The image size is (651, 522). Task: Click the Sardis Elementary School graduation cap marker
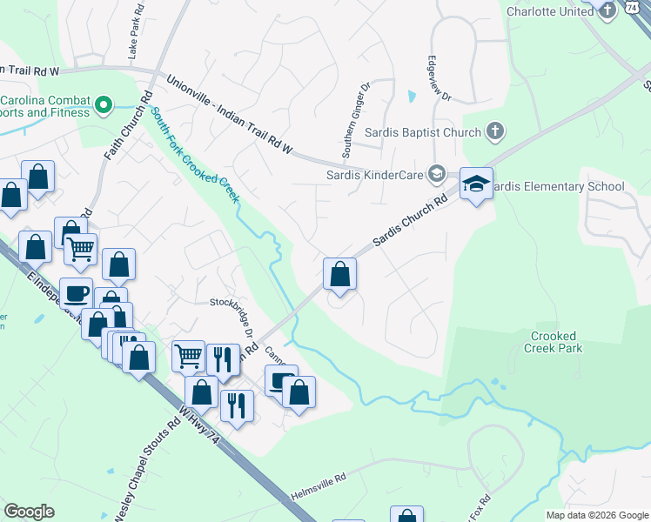(x=476, y=184)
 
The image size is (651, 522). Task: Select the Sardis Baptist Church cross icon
(x=494, y=132)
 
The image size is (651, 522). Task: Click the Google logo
(x=29, y=512)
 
